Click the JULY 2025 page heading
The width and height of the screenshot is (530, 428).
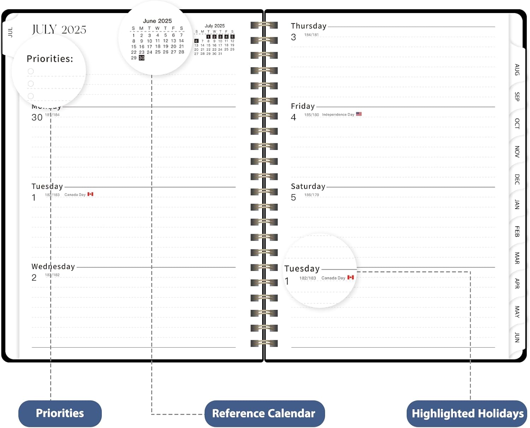[59, 30]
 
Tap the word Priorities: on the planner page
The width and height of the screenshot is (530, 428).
[50, 59]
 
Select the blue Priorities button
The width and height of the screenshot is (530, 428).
[60, 413]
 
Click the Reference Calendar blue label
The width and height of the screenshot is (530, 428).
[264, 413]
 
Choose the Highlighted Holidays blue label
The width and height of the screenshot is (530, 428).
[467, 413]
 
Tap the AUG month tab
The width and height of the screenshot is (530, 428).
[517, 70]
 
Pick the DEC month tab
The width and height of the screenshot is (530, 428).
[517, 179]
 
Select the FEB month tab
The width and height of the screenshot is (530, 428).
[517, 232]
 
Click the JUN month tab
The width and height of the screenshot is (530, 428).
[517, 337]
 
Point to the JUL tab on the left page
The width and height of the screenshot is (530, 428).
[10, 32]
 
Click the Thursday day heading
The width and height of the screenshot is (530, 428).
[308, 26]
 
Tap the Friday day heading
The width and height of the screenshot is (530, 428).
[303, 106]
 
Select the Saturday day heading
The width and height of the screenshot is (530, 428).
[308, 186]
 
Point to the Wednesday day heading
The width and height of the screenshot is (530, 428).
[53, 267]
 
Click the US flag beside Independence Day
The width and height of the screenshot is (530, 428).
[359, 114]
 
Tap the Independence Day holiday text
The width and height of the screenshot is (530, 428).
[338, 115]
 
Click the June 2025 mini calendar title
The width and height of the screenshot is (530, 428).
[157, 21]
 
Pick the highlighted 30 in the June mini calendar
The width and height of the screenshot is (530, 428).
[142, 58]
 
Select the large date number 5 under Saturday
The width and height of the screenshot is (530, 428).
[293, 197]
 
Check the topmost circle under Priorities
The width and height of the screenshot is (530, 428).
[31, 71]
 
